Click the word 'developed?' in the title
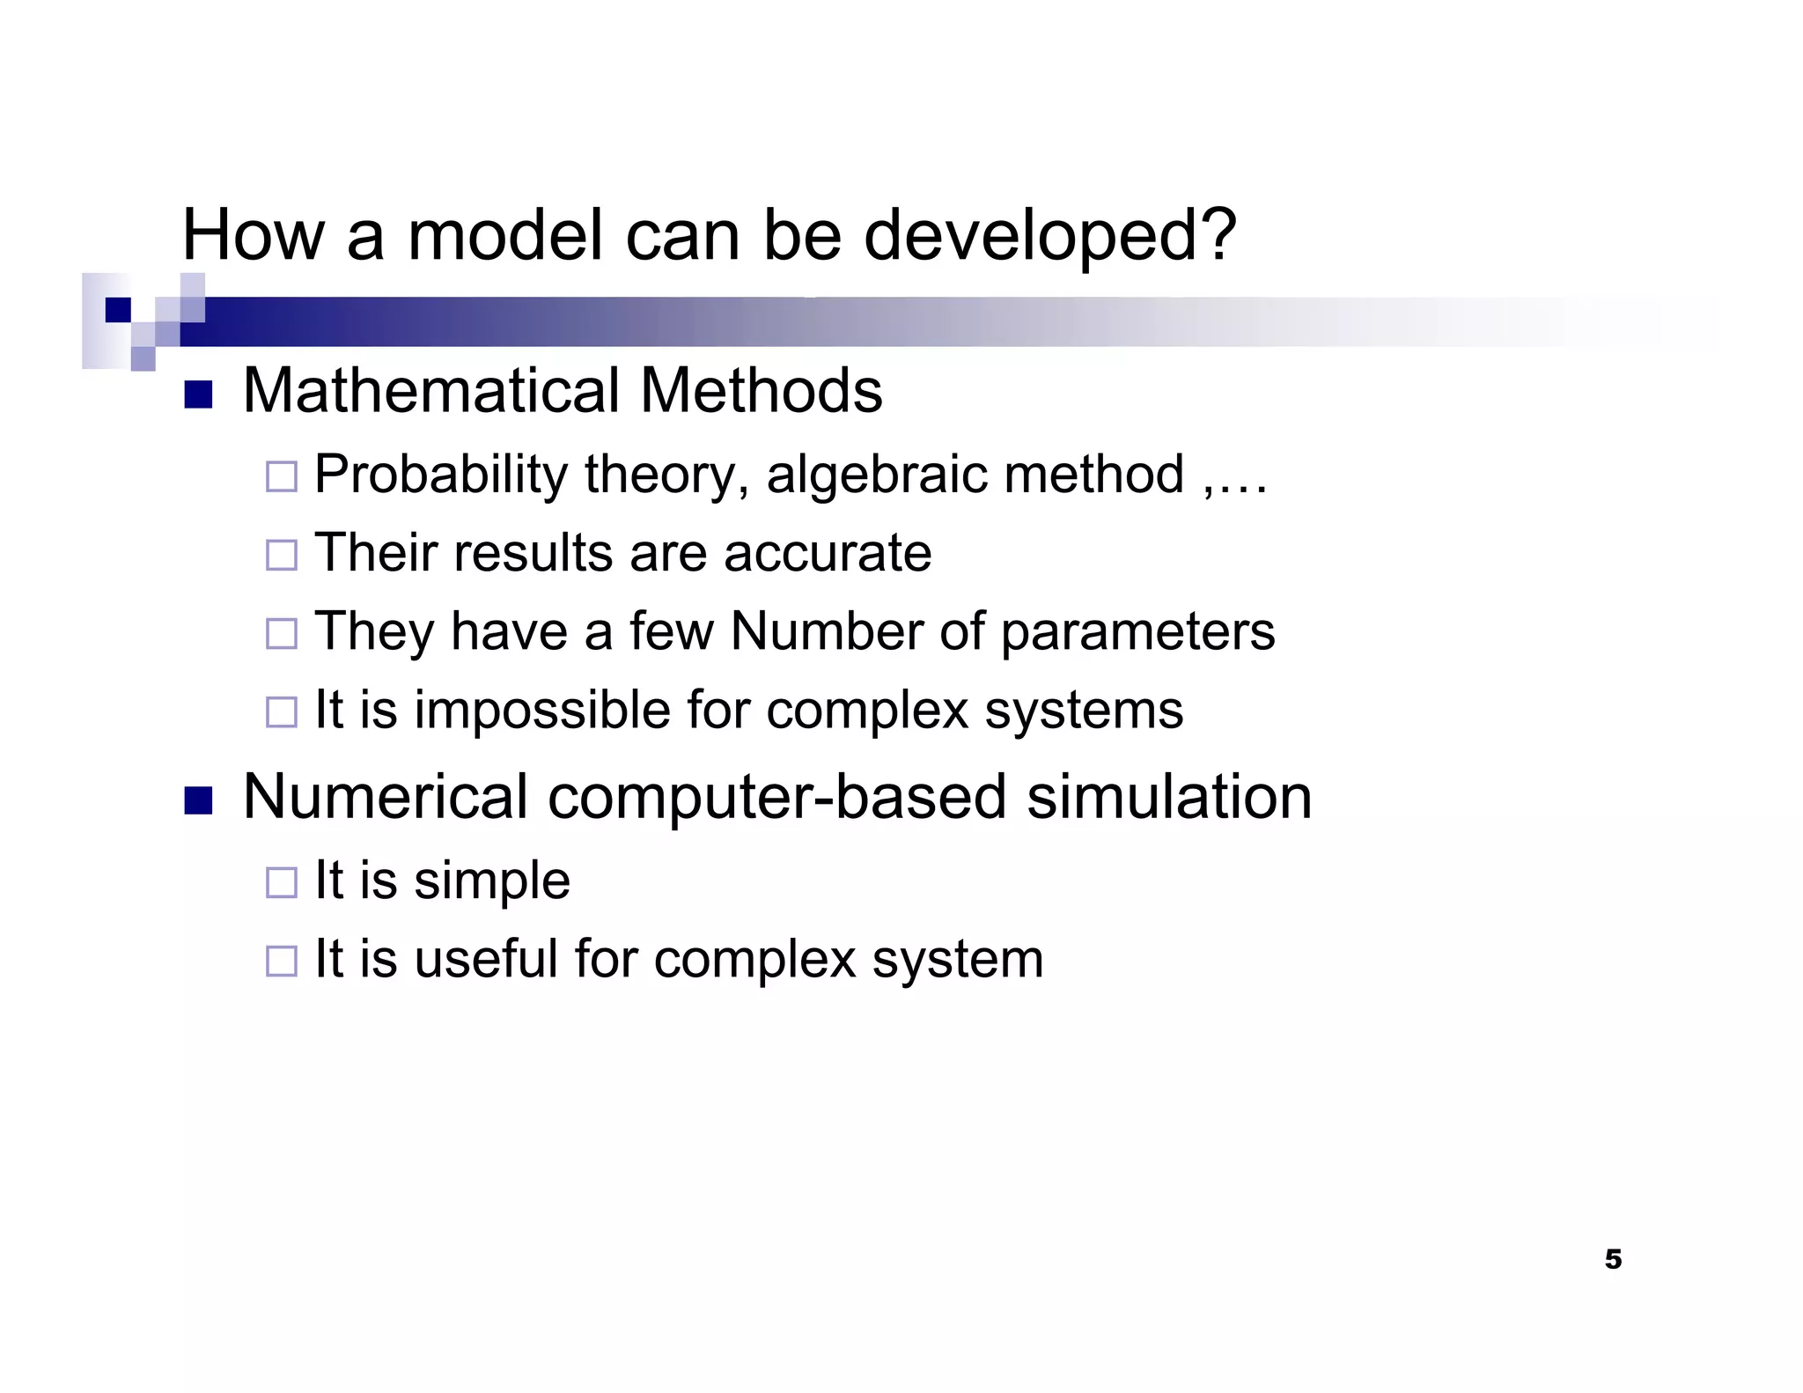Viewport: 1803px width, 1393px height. pos(1049,236)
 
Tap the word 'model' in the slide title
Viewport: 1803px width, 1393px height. pos(505,236)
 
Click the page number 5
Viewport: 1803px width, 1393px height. pos(1613,1259)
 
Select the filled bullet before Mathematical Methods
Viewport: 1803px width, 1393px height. pos(198,395)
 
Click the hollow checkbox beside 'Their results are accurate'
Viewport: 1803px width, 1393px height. pos(282,555)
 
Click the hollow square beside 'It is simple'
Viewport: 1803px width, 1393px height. pos(282,882)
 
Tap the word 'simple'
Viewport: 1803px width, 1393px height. pos(492,881)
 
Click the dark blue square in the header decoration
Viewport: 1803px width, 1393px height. pos(117,310)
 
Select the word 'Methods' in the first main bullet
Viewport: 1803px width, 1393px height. pos(761,391)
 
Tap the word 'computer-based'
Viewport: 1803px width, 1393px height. pos(776,797)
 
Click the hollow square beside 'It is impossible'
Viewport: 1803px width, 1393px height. pos(282,711)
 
